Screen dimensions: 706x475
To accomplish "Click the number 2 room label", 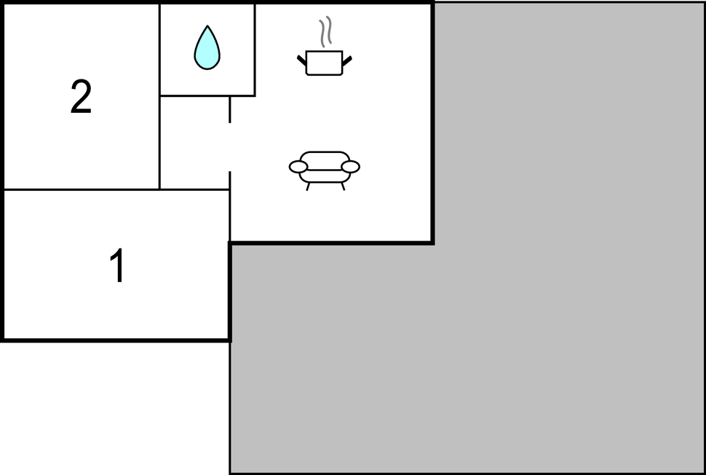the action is pyautogui.click(x=81, y=96).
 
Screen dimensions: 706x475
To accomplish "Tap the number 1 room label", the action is pyautogui.click(x=117, y=265).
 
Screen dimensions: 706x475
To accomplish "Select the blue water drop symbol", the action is pyautogui.click(x=207, y=48).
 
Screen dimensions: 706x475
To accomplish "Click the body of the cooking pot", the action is pyautogui.click(x=324, y=63).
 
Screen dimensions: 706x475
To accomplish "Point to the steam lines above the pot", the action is pyautogui.click(x=325, y=31).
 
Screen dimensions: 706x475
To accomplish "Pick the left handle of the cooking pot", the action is pyautogui.click(x=301, y=60).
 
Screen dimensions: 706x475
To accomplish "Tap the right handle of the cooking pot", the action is pyautogui.click(x=346, y=60).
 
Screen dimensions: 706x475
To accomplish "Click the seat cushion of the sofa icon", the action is pyautogui.click(x=324, y=176).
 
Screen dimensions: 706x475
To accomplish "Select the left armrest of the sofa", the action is pyautogui.click(x=298, y=167).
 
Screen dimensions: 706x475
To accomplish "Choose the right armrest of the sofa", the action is pyautogui.click(x=350, y=167).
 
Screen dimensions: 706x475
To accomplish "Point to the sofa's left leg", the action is pyautogui.click(x=308, y=187).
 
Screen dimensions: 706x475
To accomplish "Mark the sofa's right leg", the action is pyautogui.click(x=343, y=187).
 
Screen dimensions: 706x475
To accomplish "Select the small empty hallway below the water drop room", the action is pyautogui.click(x=194, y=143).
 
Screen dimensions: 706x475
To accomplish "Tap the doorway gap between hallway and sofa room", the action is pyautogui.click(x=229, y=147).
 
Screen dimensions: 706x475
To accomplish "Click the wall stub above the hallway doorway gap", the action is pyautogui.click(x=229, y=109).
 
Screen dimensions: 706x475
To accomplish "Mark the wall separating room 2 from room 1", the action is pyautogui.click(x=81, y=189).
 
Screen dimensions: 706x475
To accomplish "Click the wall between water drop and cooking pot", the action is pyautogui.click(x=255, y=50).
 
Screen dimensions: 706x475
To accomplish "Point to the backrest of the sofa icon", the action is pyautogui.click(x=324, y=160).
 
